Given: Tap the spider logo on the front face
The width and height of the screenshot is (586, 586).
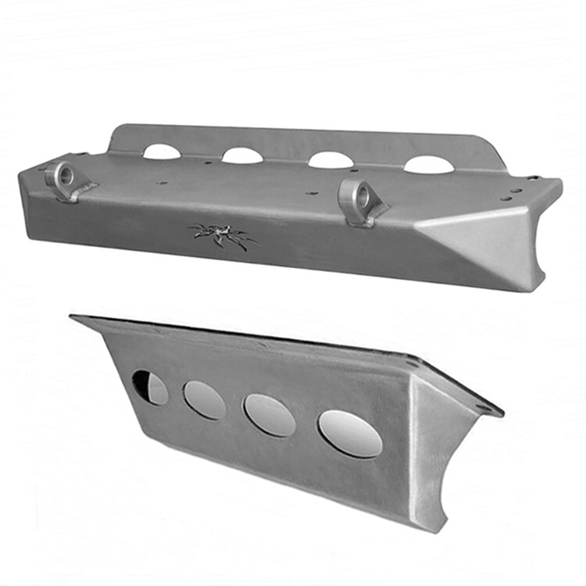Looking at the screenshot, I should pyautogui.click(x=223, y=235).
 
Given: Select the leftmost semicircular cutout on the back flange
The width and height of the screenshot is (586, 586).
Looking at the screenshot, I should pyautogui.click(x=162, y=152).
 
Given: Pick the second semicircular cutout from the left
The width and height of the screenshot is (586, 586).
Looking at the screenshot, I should pyautogui.click(x=242, y=155).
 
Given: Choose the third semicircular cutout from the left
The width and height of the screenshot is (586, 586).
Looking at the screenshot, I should pyautogui.click(x=331, y=160).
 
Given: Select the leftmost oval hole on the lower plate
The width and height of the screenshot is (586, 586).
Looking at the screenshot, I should pyautogui.click(x=149, y=388).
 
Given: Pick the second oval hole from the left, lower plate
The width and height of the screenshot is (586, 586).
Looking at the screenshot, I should pyautogui.click(x=205, y=400).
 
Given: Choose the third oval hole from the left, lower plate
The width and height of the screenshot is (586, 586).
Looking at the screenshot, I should pyautogui.click(x=270, y=415).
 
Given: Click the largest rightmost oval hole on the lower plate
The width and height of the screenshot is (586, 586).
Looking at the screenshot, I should pyautogui.click(x=350, y=434).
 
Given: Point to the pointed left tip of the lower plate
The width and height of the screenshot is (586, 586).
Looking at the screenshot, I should pyautogui.click(x=73, y=316).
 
